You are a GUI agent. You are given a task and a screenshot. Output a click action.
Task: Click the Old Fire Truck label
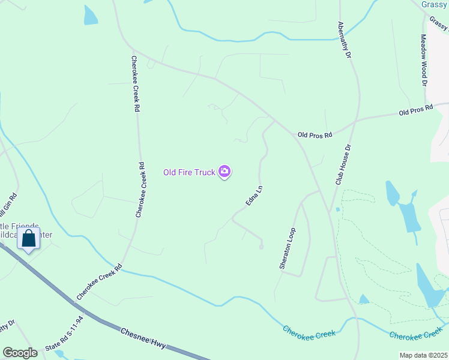click(x=189, y=172)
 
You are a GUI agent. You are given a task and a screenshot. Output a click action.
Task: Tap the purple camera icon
click(x=224, y=172)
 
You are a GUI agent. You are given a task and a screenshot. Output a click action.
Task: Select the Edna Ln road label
click(x=255, y=196)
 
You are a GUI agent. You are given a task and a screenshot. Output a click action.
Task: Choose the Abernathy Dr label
click(x=343, y=40)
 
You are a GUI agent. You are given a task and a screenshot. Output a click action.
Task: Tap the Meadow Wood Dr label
click(x=423, y=59)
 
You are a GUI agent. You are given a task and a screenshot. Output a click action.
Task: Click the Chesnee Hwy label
click(x=143, y=339)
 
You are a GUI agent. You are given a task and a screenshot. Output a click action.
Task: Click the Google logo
click(x=20, y=353)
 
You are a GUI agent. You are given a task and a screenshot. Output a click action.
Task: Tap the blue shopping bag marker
click(x=28, y=239)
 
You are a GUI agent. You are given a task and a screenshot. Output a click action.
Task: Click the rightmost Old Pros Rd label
click(x=416, y=111)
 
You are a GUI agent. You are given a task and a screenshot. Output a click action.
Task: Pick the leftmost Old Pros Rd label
click(x=315, y=135)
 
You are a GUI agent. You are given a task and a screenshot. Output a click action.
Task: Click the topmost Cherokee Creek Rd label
click(x=136, y=84)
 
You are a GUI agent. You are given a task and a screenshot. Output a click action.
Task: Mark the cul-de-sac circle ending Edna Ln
click(x=261, y=247)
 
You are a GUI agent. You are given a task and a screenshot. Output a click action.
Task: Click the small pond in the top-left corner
click(x=90, y=16)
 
